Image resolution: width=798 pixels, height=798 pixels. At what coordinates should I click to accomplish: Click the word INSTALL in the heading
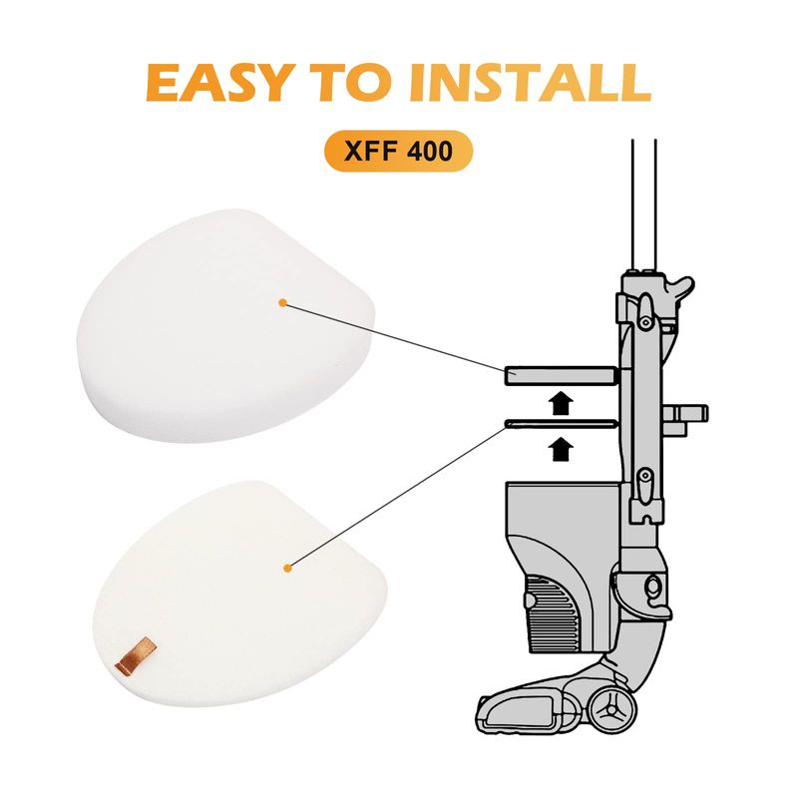[531, 82]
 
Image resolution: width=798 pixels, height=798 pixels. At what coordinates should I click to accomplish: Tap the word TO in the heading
[356, 82]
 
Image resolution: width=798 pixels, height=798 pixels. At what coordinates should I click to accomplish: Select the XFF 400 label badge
[398, 151]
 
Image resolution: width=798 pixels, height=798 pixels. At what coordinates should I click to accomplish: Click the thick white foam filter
[226, 326]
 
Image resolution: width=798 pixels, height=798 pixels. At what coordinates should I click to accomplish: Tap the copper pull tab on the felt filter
[136, 656]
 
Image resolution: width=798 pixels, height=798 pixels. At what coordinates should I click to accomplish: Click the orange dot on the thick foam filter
[283, 303]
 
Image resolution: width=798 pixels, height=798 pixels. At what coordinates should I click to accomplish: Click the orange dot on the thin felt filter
[287, 568]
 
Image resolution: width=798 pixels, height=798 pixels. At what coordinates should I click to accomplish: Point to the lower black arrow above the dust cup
[562, 449]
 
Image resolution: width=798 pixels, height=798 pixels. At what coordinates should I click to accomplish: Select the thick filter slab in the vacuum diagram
[561, 377]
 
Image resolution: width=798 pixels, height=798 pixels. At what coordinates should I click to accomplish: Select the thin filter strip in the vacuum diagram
[561, 423]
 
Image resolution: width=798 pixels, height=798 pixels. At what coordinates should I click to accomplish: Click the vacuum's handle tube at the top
[644, 204]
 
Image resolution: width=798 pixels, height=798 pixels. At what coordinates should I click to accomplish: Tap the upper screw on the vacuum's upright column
[645, 322]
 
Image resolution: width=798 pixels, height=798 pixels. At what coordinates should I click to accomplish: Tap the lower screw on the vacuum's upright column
[645, 477]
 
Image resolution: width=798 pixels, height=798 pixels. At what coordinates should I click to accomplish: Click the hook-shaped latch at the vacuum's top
[681, 290]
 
